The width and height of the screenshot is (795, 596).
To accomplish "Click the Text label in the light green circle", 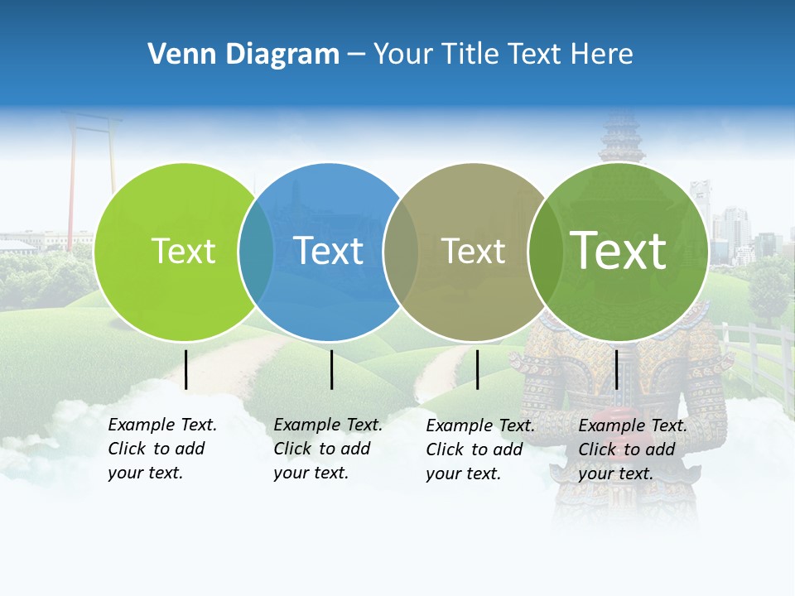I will click(183, 251).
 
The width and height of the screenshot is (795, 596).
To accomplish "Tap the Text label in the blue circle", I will click(329, 251).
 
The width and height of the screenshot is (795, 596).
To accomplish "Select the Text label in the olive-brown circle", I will click(474, 251).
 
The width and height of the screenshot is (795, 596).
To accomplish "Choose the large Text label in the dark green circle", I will click(619, 250).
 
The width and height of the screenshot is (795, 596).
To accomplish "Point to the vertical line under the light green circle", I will click(186, 369).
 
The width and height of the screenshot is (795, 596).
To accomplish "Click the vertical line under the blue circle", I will click(331, 369).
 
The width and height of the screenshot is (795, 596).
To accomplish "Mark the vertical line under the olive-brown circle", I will click(477, 369).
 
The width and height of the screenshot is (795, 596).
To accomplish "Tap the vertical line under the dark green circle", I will click(616, 369).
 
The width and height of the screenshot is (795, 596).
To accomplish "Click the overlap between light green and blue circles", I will click(257, 252).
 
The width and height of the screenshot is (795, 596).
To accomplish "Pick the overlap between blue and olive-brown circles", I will click(402, 252).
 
